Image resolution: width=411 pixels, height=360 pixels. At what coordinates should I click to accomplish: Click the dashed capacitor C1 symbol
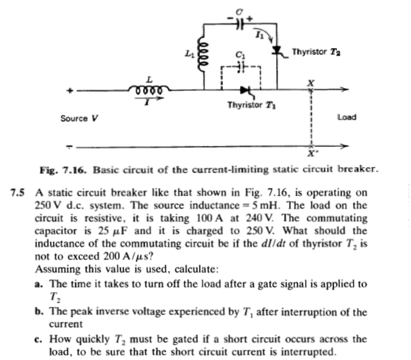coord(241,66)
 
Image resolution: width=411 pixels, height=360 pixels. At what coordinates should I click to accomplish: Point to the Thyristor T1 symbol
coord(245,89)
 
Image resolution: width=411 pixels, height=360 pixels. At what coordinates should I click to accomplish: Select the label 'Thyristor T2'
coord(316,52)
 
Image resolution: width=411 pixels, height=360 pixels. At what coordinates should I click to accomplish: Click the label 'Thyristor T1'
coord(251,105)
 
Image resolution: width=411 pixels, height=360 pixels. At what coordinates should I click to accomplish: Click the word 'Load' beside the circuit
coord(346,118)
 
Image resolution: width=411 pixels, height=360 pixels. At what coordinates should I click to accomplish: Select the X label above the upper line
coord(310,82)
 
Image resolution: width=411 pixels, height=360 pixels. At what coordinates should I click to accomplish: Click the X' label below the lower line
coord(311,154)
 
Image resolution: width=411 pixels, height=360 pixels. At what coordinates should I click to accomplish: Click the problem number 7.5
coord(19,192)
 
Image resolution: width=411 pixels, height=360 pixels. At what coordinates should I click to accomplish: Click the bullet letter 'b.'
coord(39,311)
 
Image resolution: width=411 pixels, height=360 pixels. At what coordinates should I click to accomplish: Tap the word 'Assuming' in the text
coord(55,269)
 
